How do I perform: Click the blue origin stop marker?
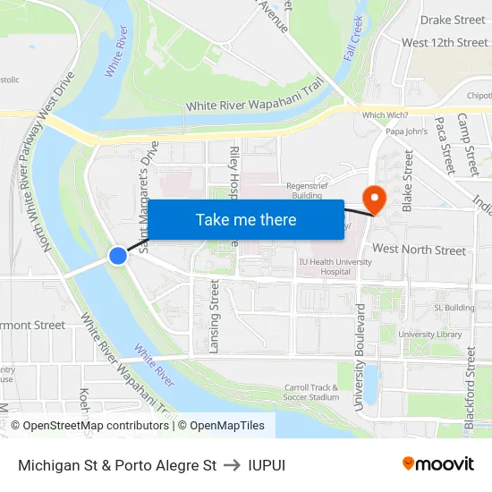tap(118, 256)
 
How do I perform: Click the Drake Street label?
tap(453, 20)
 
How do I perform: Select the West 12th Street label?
tap(445, 42)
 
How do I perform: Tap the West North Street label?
tap(419, 250)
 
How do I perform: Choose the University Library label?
tap(430, 335)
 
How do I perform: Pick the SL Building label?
tap(454, 308)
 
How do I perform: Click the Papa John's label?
tap(405, 132)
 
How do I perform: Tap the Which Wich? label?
tap(386, 115)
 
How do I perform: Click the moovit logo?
tap(438, 463)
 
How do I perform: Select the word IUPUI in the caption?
tap(267, 465)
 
